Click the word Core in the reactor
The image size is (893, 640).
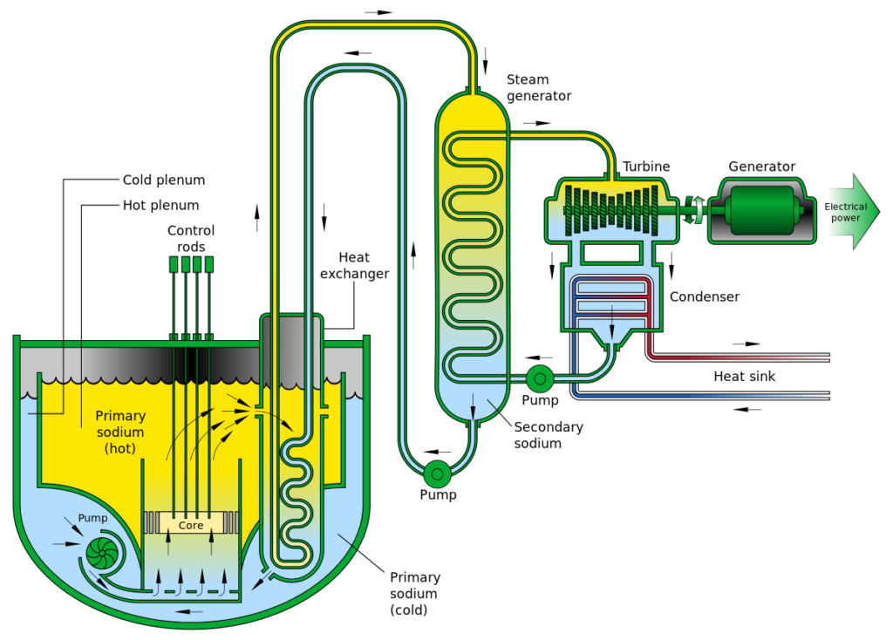click(191, 526)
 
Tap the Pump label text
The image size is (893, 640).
click(92, 518)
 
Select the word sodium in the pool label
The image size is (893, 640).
click(120, 432)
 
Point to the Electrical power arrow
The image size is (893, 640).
click(851, 212)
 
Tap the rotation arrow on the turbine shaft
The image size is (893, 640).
click(693, 210)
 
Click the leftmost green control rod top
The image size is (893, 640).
click(174, 264)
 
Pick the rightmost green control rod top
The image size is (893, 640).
click(208, 264)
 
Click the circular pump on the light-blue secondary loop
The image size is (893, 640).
click(437, 474)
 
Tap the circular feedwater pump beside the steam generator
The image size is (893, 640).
click(541, 378)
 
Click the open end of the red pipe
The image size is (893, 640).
click(831, 357)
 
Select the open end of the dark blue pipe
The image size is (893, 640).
click(831, 396)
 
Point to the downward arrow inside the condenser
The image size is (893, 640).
click(611, 326)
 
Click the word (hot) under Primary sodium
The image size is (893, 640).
click(120, 448)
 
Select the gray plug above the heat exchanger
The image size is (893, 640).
click(291, 335)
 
